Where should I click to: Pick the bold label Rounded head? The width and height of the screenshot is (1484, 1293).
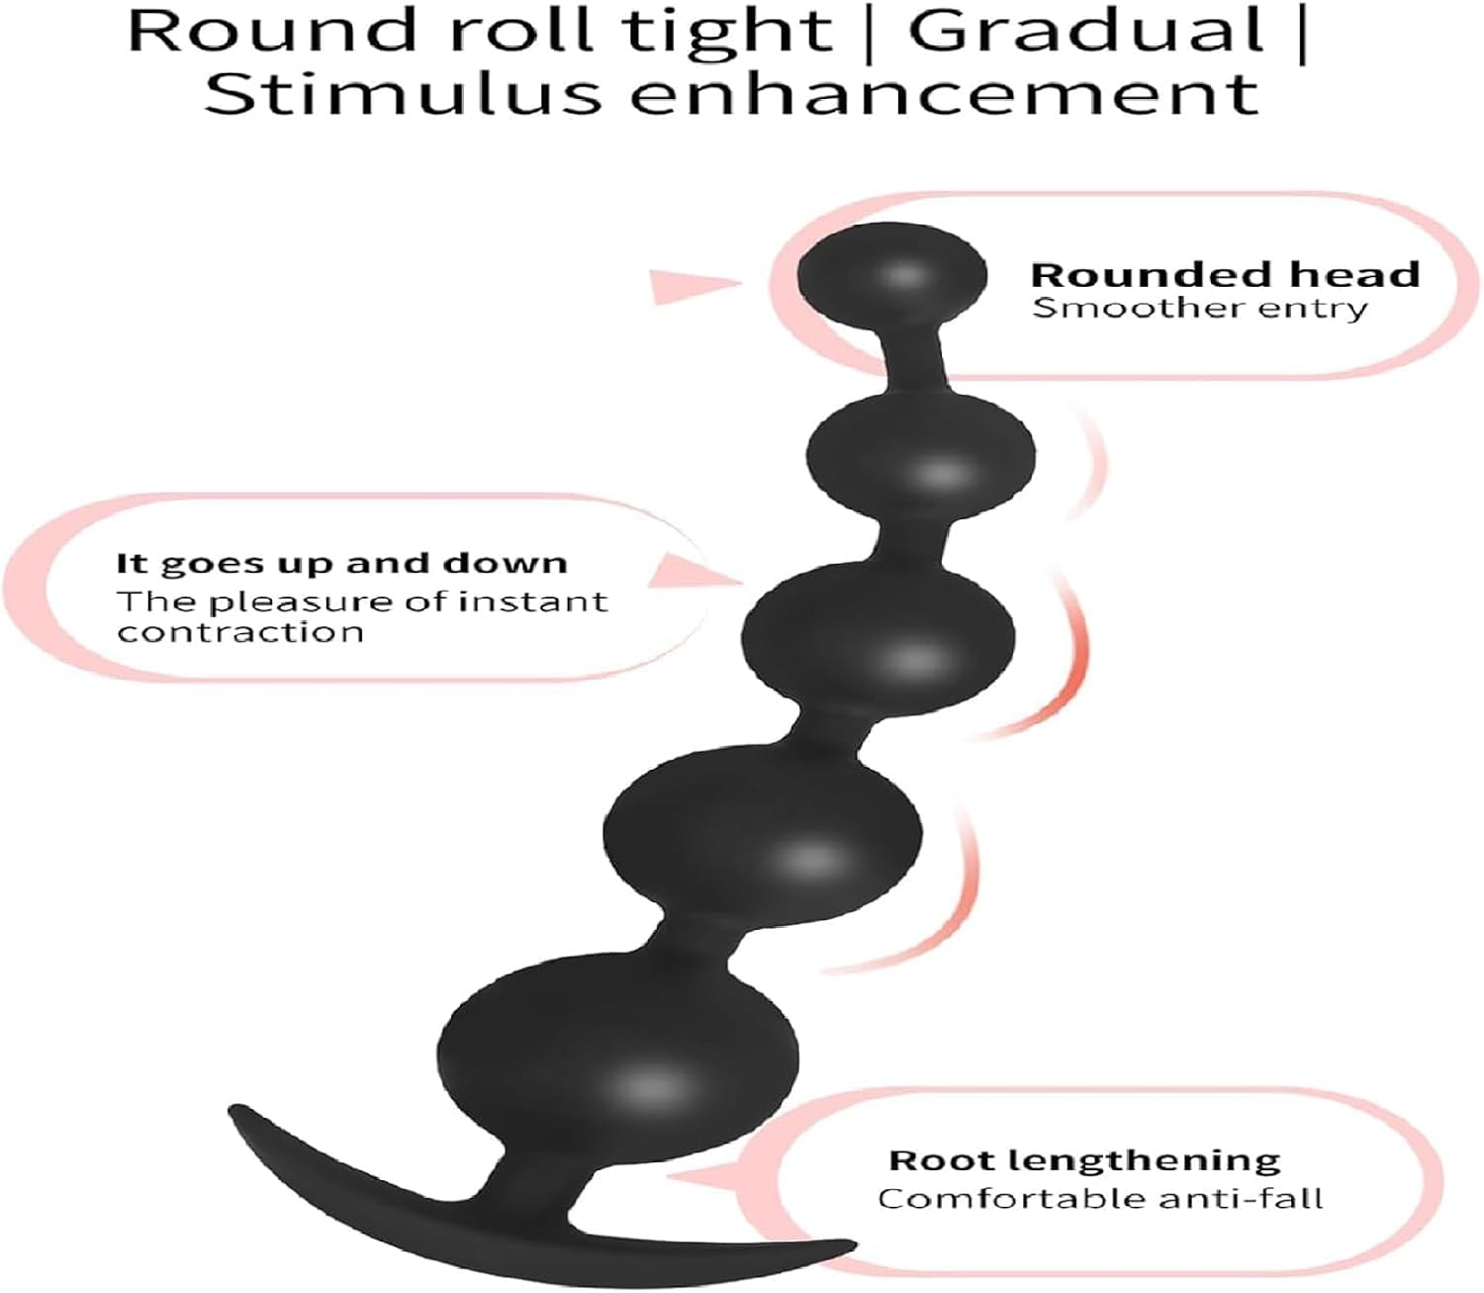tap(1225, 274)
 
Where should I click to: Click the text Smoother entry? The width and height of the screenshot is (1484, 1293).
tap(1199, 308)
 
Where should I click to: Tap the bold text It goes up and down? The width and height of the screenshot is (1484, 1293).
tap(342, 564)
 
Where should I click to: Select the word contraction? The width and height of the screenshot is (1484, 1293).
tap(240, 631)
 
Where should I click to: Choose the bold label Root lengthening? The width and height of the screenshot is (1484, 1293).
tap(1084, 1159)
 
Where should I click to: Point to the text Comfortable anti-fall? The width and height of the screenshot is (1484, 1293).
tap(1100, 1199)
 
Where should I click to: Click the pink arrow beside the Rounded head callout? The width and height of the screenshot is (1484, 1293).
tap(693, 285)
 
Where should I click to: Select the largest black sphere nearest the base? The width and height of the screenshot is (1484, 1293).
tap(618, 1063)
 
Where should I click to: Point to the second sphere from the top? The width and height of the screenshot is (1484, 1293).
tap(921, 456)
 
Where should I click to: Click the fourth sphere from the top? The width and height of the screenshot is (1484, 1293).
tap(762, 831)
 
